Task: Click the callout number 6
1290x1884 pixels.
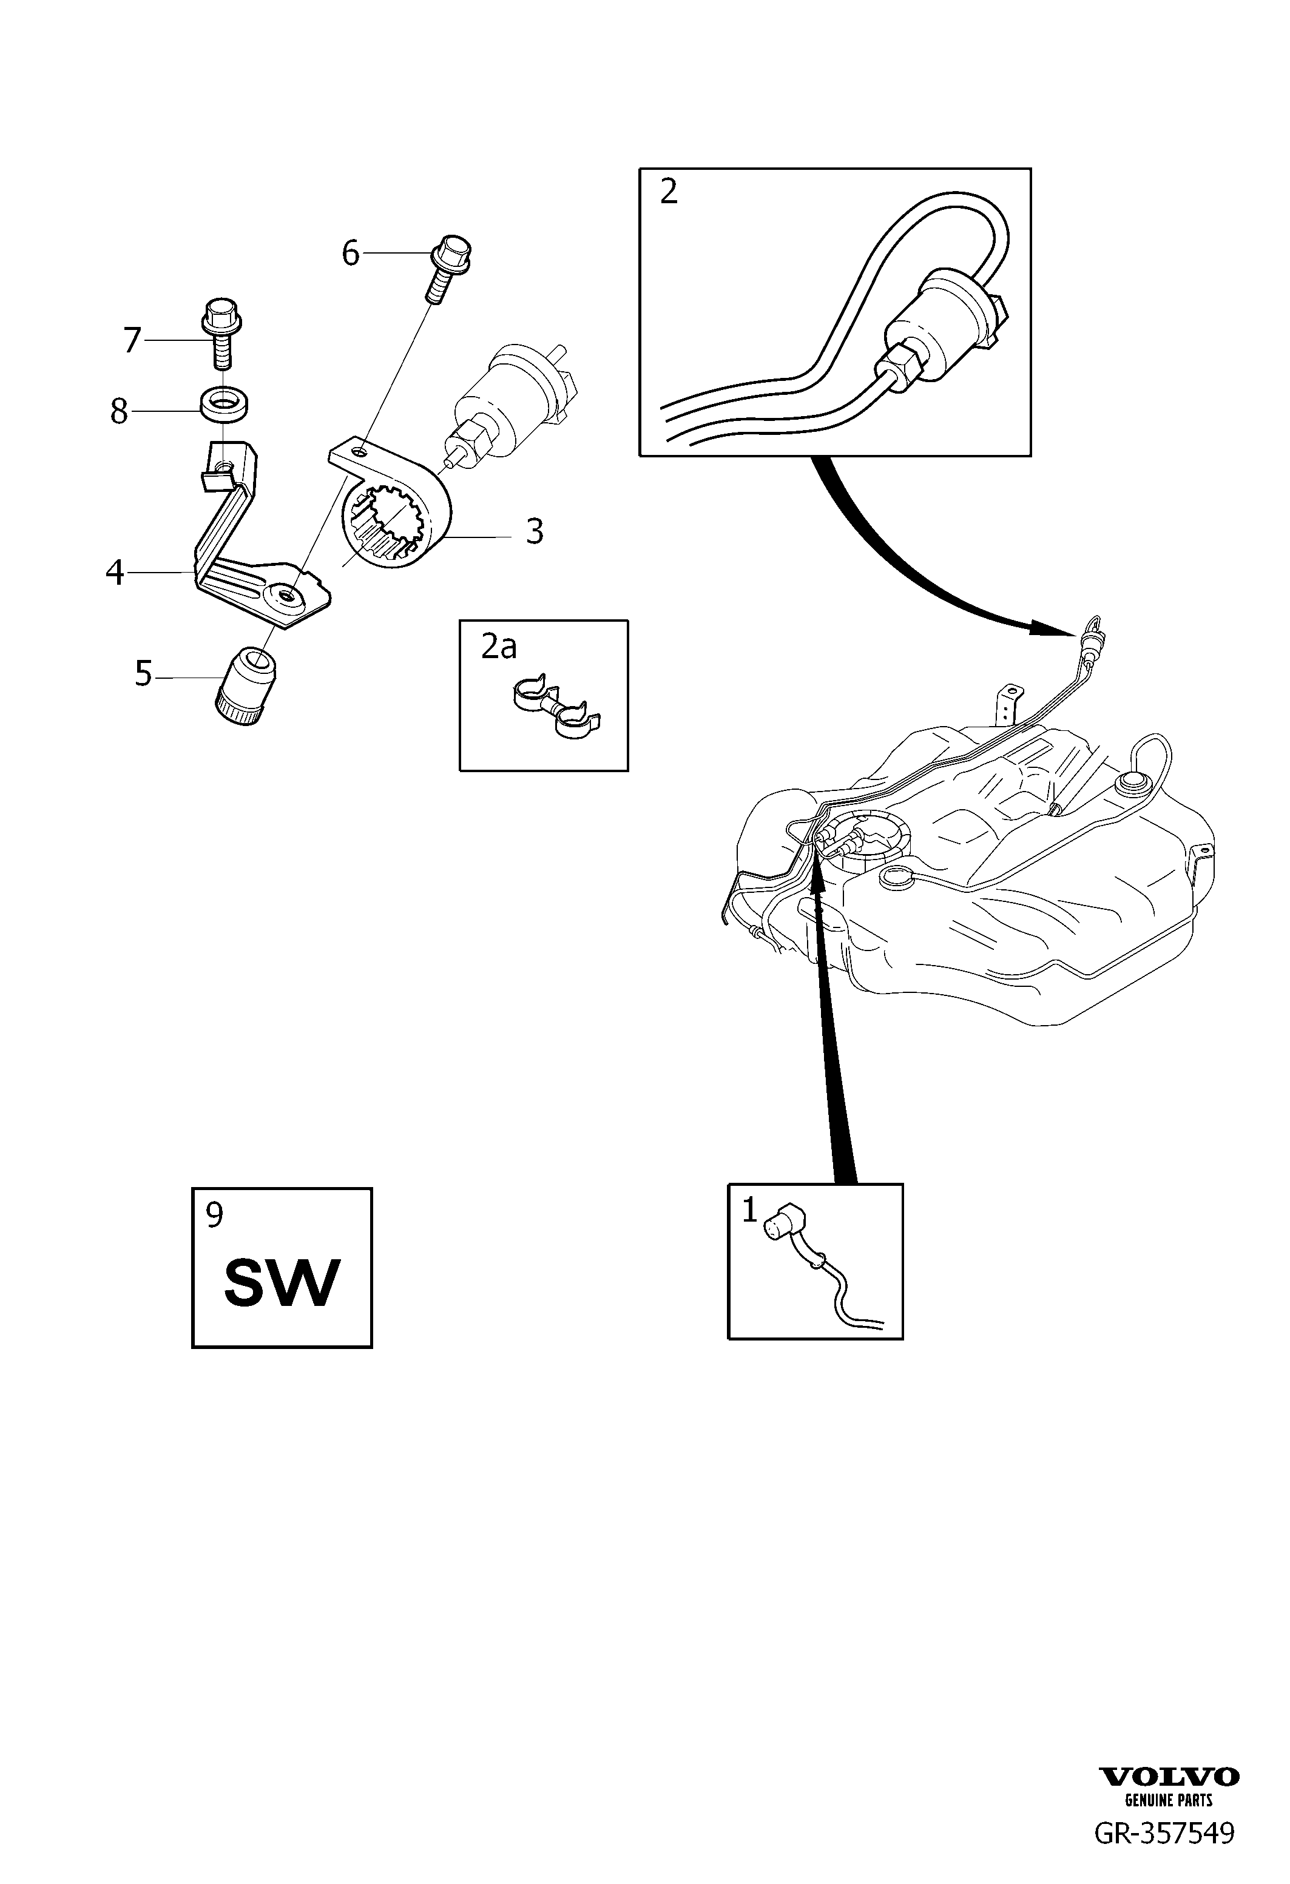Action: [350, 254]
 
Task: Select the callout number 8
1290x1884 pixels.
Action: [119, 412]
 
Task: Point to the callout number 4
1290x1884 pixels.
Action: [115, 573]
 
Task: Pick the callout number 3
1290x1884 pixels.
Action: [535, 532]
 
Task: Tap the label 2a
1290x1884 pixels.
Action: [499, 646]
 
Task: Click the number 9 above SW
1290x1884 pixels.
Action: [214, 1214]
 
